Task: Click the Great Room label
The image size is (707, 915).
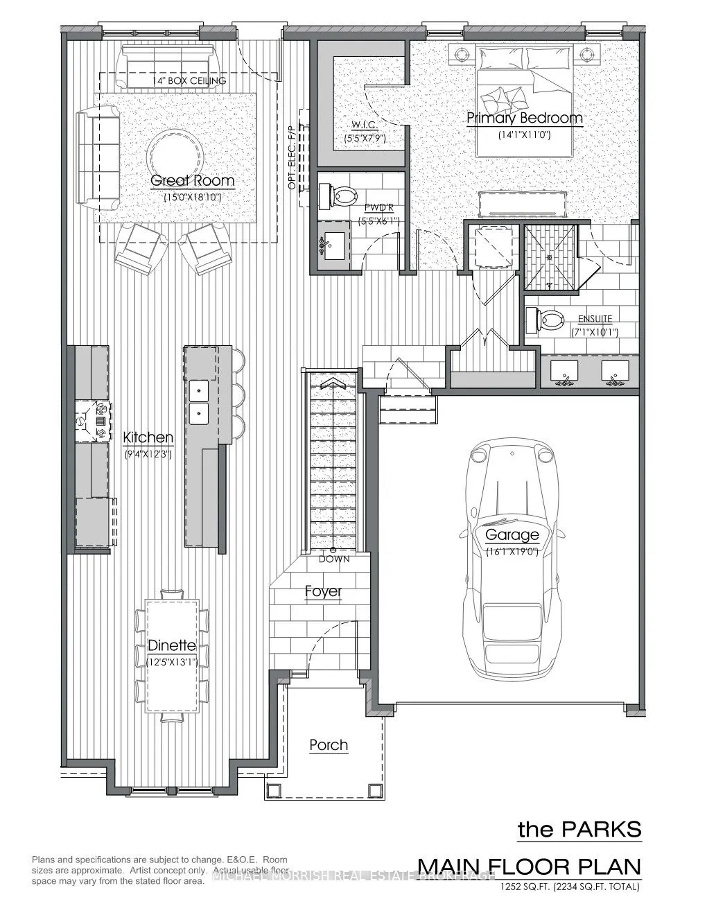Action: tap(193, 181)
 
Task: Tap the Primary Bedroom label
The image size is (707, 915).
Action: tap(524, 118)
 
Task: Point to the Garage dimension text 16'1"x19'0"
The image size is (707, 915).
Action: tap(512, 552)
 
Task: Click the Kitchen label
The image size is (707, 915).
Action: tap(148, 438)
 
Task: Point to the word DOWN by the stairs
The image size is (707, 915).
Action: tap(334, 559)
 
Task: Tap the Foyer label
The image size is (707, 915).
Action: tap(323, 591)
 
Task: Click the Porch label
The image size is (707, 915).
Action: tap(329, 745)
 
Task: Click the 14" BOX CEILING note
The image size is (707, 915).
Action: tap(189, 81)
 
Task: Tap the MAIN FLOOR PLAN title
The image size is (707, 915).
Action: tap(530, 866)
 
